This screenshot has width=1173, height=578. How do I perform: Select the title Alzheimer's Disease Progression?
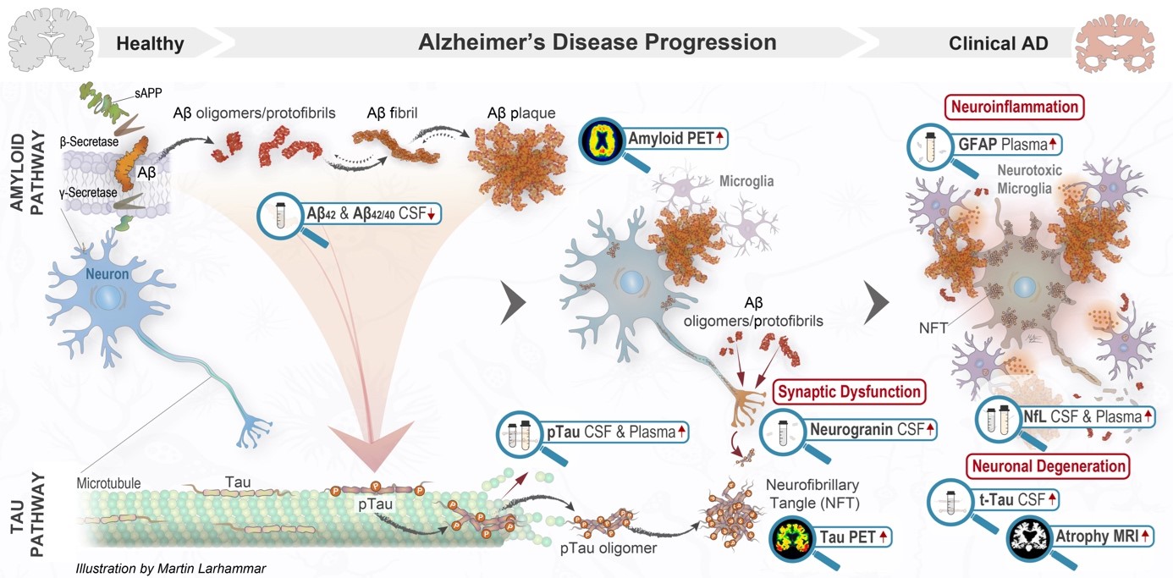coord(597,41)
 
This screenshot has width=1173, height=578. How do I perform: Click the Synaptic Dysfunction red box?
coord(848,392)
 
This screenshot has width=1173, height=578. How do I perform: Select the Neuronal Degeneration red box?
coord(1048,465)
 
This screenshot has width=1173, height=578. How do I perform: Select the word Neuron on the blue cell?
coord(106,275)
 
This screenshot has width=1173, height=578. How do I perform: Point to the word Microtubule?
coord(107,483)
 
